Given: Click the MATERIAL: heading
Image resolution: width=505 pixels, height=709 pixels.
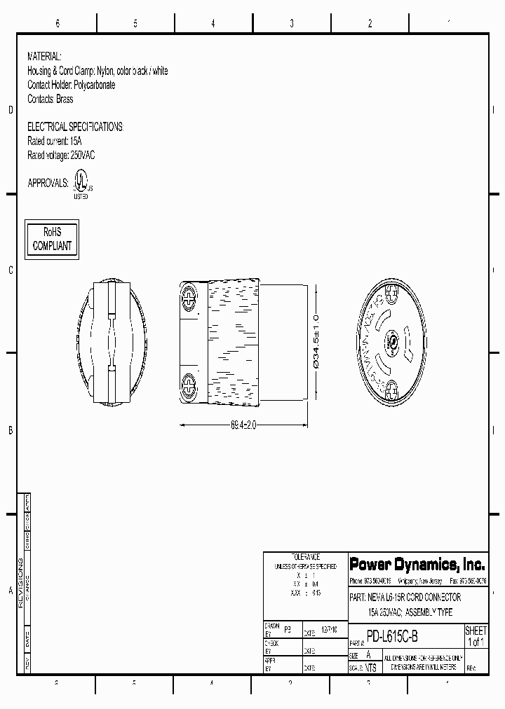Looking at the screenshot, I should [x=44, y=56].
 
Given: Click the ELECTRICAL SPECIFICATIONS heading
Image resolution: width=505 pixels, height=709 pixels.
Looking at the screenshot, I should [x=75, y=127].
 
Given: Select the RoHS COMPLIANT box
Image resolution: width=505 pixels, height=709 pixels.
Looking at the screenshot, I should [x=52, y=240].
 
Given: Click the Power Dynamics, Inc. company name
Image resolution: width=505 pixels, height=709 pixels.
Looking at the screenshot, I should [x=417, y=564].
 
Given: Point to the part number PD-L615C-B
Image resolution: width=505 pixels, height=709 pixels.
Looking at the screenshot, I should [x=392, y=638].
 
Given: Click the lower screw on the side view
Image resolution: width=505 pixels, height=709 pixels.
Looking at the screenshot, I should [x=189, y=385].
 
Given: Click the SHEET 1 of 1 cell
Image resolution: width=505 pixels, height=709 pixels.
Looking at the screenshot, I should [x=476, y=637].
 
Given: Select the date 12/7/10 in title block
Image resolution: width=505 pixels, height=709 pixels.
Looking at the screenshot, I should [x=328, y=630].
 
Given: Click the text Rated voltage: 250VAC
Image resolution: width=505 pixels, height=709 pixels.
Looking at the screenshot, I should [x=60, y=155].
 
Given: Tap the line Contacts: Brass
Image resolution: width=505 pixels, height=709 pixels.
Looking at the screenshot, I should [x=50, y=99].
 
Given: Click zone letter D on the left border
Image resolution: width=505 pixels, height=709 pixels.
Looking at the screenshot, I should [x=11, y=111].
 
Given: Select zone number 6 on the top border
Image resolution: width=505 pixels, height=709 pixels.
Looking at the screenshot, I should [x=58, y=24].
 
